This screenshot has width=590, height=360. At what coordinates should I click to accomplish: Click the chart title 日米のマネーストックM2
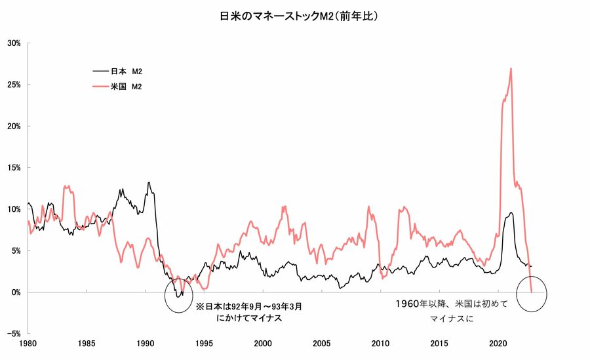[298, 15]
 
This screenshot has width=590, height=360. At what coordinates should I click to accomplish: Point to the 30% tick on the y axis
[14, 43]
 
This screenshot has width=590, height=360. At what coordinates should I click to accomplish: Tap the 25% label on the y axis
[14, 85]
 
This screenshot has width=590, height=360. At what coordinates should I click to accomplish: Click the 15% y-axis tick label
[14, 168]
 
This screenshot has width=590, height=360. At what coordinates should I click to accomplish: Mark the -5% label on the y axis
[14, 334]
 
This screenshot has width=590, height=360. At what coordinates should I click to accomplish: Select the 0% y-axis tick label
[16, 292]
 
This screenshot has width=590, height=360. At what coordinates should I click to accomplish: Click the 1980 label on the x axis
[28, 344]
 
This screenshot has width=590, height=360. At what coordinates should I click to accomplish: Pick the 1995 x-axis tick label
[205, 344]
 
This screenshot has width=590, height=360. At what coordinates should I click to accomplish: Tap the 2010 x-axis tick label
[380, 344]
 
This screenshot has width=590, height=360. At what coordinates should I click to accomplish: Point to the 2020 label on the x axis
[498, 344]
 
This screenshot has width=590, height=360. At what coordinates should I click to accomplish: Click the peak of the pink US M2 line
[511, 68]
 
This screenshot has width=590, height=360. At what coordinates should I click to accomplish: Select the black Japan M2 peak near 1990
[149, 182]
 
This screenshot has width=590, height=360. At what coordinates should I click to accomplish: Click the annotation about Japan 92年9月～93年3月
[249, 312]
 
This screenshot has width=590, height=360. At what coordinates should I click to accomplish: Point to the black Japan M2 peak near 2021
[511, 212]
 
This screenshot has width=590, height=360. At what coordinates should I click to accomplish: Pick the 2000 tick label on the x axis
[263, 344]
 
